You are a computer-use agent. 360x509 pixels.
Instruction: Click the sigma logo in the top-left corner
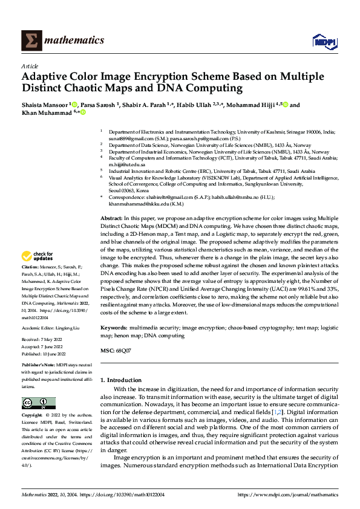click(x=30, y=41)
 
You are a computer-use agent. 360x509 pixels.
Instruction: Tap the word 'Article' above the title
click(x=30, y=66)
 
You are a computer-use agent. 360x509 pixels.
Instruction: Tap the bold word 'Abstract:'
click(x=111, y=217)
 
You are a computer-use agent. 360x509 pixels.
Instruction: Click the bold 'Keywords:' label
click(x=114, y=327)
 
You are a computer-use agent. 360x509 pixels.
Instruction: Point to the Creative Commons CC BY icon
click(x=39, y=403)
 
